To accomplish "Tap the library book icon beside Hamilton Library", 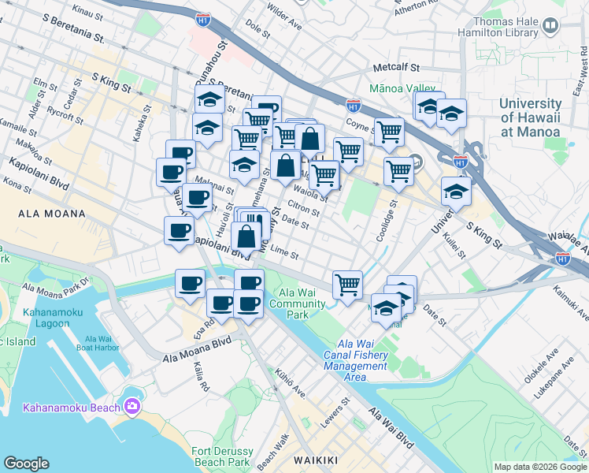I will (550, 26).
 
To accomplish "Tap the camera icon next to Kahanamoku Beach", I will (132, 406).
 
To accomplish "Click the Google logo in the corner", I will (26, 464).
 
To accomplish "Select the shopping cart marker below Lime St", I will (347, 285).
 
